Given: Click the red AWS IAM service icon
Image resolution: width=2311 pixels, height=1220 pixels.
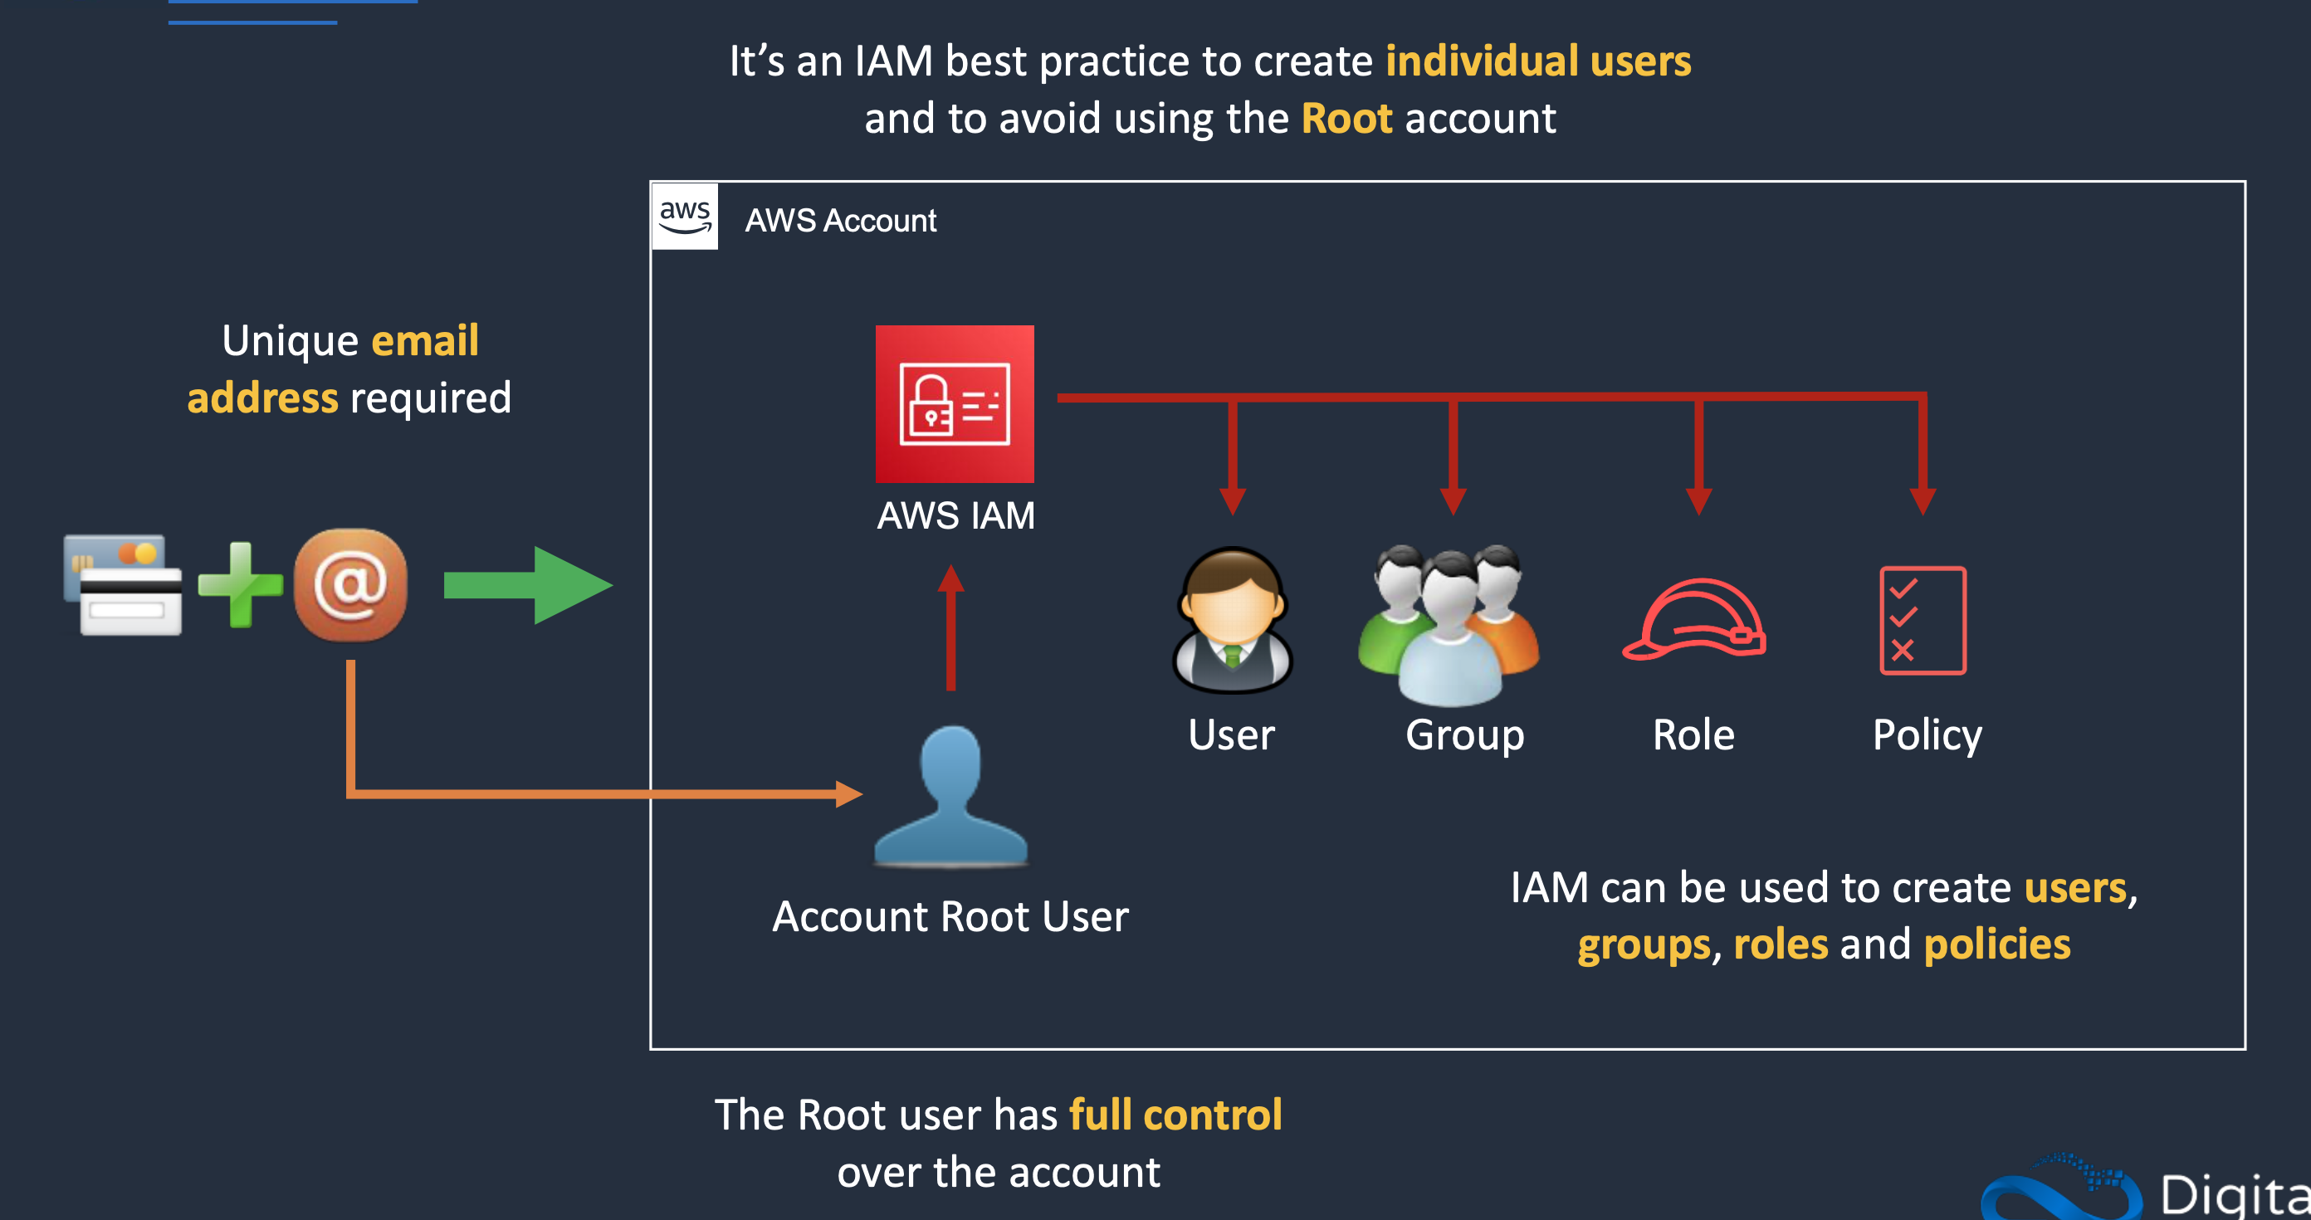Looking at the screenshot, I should [x=955, y=403].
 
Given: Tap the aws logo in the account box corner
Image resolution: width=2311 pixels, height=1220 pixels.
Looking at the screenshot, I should [x=685, y=216].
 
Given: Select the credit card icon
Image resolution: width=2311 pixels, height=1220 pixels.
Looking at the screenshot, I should [x=123, y=585].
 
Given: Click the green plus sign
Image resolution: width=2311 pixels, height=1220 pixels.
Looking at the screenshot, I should [x=240, y=584].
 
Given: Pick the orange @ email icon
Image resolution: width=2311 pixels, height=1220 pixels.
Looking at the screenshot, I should [x=351, y=585].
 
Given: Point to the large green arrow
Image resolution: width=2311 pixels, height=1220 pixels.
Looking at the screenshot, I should [x=530, y=585].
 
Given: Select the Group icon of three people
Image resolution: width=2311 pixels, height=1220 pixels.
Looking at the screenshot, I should [x=1449, y=623].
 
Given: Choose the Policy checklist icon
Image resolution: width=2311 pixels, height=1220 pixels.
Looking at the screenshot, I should [x=1923, y=621].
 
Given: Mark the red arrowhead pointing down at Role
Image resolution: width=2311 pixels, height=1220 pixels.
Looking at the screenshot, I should [x=1699, y=500].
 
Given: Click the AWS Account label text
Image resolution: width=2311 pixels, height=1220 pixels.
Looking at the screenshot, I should [x=840, y=221].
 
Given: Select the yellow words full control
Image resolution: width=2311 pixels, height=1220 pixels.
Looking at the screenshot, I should [x=1175, y=1115].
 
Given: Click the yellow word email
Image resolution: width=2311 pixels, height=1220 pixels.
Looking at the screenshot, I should [x=425, y=341].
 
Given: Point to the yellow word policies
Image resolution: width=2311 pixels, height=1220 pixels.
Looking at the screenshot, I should [x=1997, y=944].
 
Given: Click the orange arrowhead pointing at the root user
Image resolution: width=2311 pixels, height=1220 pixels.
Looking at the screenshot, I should [x=848, y=794].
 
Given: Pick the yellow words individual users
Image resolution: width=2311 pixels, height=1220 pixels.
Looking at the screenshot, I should [x=1537, y=61].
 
